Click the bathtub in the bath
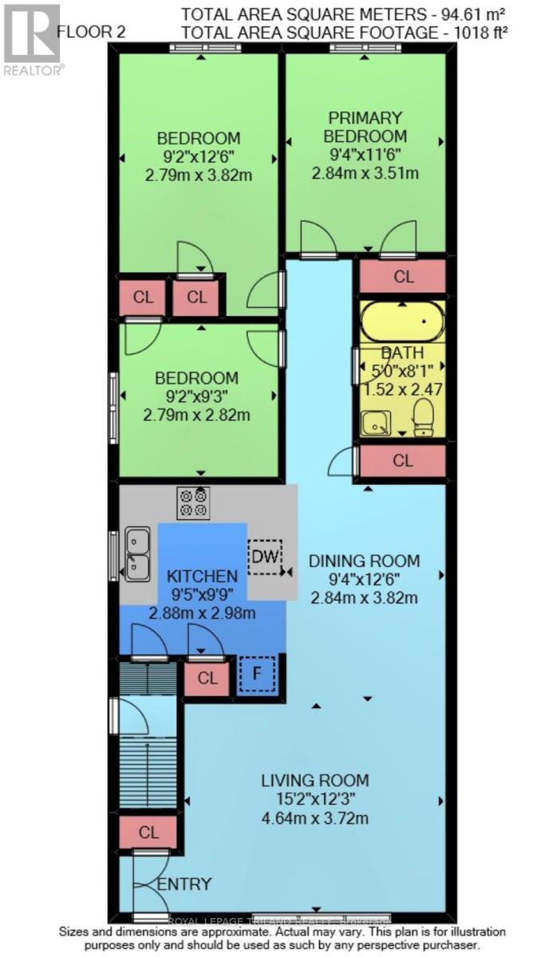402,321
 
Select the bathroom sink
375,423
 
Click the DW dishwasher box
264,557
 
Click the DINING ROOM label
364,561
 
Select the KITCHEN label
202,576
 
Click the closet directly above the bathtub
404,277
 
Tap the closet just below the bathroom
403,460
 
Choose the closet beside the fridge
207,679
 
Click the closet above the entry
148,832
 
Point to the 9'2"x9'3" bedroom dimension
196,396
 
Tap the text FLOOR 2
89,33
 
